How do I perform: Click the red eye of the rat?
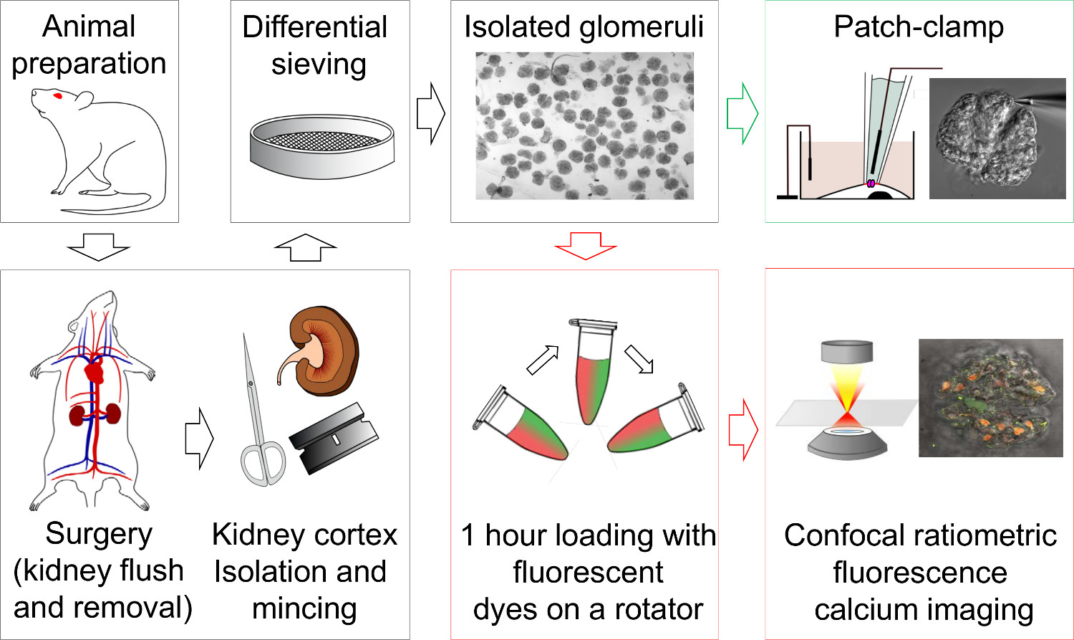coord(58,96)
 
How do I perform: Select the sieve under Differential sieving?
coord(321,148)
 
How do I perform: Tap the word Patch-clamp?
coord(919,27)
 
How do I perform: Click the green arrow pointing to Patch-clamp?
coord(742,114)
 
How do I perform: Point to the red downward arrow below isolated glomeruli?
coord(585,246)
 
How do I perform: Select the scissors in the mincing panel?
coord(258,416)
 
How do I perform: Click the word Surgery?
coord(99,534)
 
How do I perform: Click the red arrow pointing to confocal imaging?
coord(742,429)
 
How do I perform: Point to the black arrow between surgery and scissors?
coord(198,439)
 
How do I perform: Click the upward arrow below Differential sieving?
coord(305,247)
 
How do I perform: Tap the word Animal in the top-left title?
coord(89,27)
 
